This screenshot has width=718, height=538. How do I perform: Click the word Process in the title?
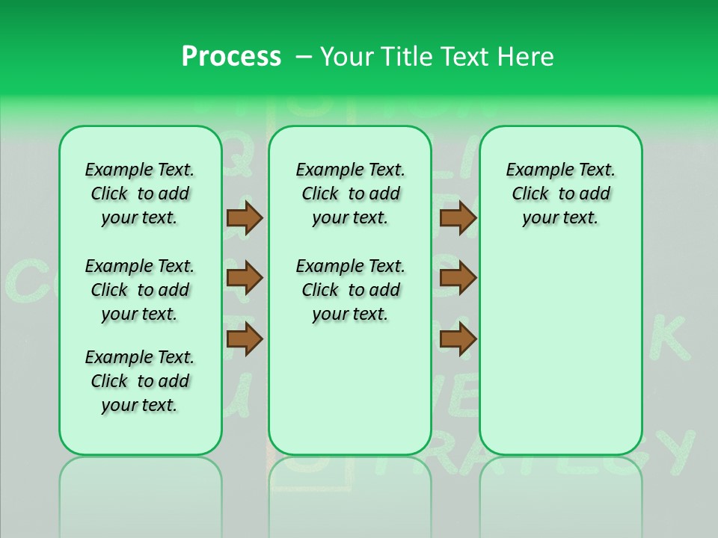pos(231,57)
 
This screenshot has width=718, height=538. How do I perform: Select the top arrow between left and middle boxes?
pos(245,218)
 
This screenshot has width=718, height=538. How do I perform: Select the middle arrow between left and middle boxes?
pos(245,279)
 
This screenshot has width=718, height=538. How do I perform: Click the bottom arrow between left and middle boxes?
pos(245,339)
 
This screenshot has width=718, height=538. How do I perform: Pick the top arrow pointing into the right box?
pos(458,218)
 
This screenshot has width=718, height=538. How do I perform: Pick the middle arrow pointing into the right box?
pos(458,279)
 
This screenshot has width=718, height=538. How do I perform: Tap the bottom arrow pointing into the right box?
pos(458,339)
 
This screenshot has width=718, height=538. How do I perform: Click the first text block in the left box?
pos(140,194)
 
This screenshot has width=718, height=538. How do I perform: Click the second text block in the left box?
pos(140,290)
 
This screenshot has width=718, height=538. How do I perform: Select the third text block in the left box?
pos(140,381)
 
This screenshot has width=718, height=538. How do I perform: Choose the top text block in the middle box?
pos(350,194)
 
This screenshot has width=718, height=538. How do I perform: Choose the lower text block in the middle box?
pos(350,290)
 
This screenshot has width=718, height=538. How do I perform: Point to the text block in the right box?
pos(560,194)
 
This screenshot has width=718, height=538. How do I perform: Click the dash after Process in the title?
pos(304,58)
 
